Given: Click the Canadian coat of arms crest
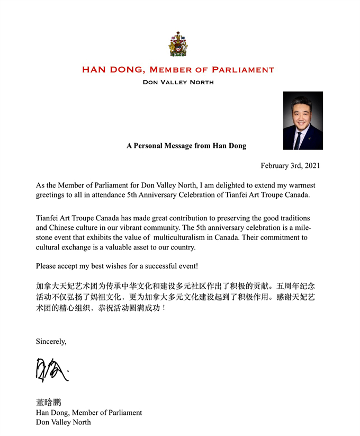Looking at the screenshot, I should (178, 44).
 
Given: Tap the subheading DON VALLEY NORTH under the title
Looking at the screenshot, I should (178, 82).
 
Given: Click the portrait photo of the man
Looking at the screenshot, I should (303, 120).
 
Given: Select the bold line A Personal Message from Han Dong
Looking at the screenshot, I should (186, 146).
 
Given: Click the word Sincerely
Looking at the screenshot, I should (51, 341).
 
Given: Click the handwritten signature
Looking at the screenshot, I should (51, 369).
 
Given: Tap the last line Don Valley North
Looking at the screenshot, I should (63, 422).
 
